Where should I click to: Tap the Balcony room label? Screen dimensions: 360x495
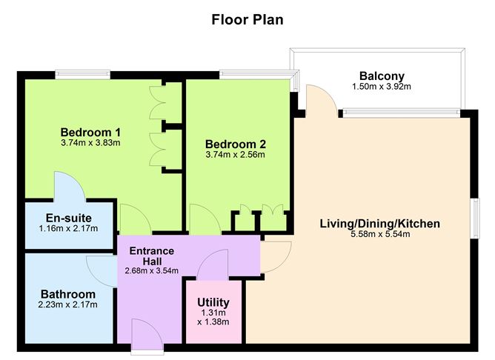(x=381, y=76)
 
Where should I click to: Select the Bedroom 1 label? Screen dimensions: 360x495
(x=90, y=131)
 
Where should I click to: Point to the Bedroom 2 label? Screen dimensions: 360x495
(x=235, y=144)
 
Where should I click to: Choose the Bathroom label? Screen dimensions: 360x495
(x=68, y=293)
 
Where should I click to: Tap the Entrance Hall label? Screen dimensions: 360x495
(x=152, y=256)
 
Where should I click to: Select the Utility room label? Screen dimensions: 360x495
(x=213, y=302)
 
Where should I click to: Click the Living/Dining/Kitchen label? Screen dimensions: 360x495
(x=380, y=223)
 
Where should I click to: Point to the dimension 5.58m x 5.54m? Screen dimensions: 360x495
(x=380, y=234)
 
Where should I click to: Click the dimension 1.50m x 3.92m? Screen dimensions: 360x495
(x=381, y=87)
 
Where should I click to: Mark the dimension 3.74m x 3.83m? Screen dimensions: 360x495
(x=90, y=142)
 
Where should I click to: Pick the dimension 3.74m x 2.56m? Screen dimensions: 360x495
(x=235, y=155)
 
